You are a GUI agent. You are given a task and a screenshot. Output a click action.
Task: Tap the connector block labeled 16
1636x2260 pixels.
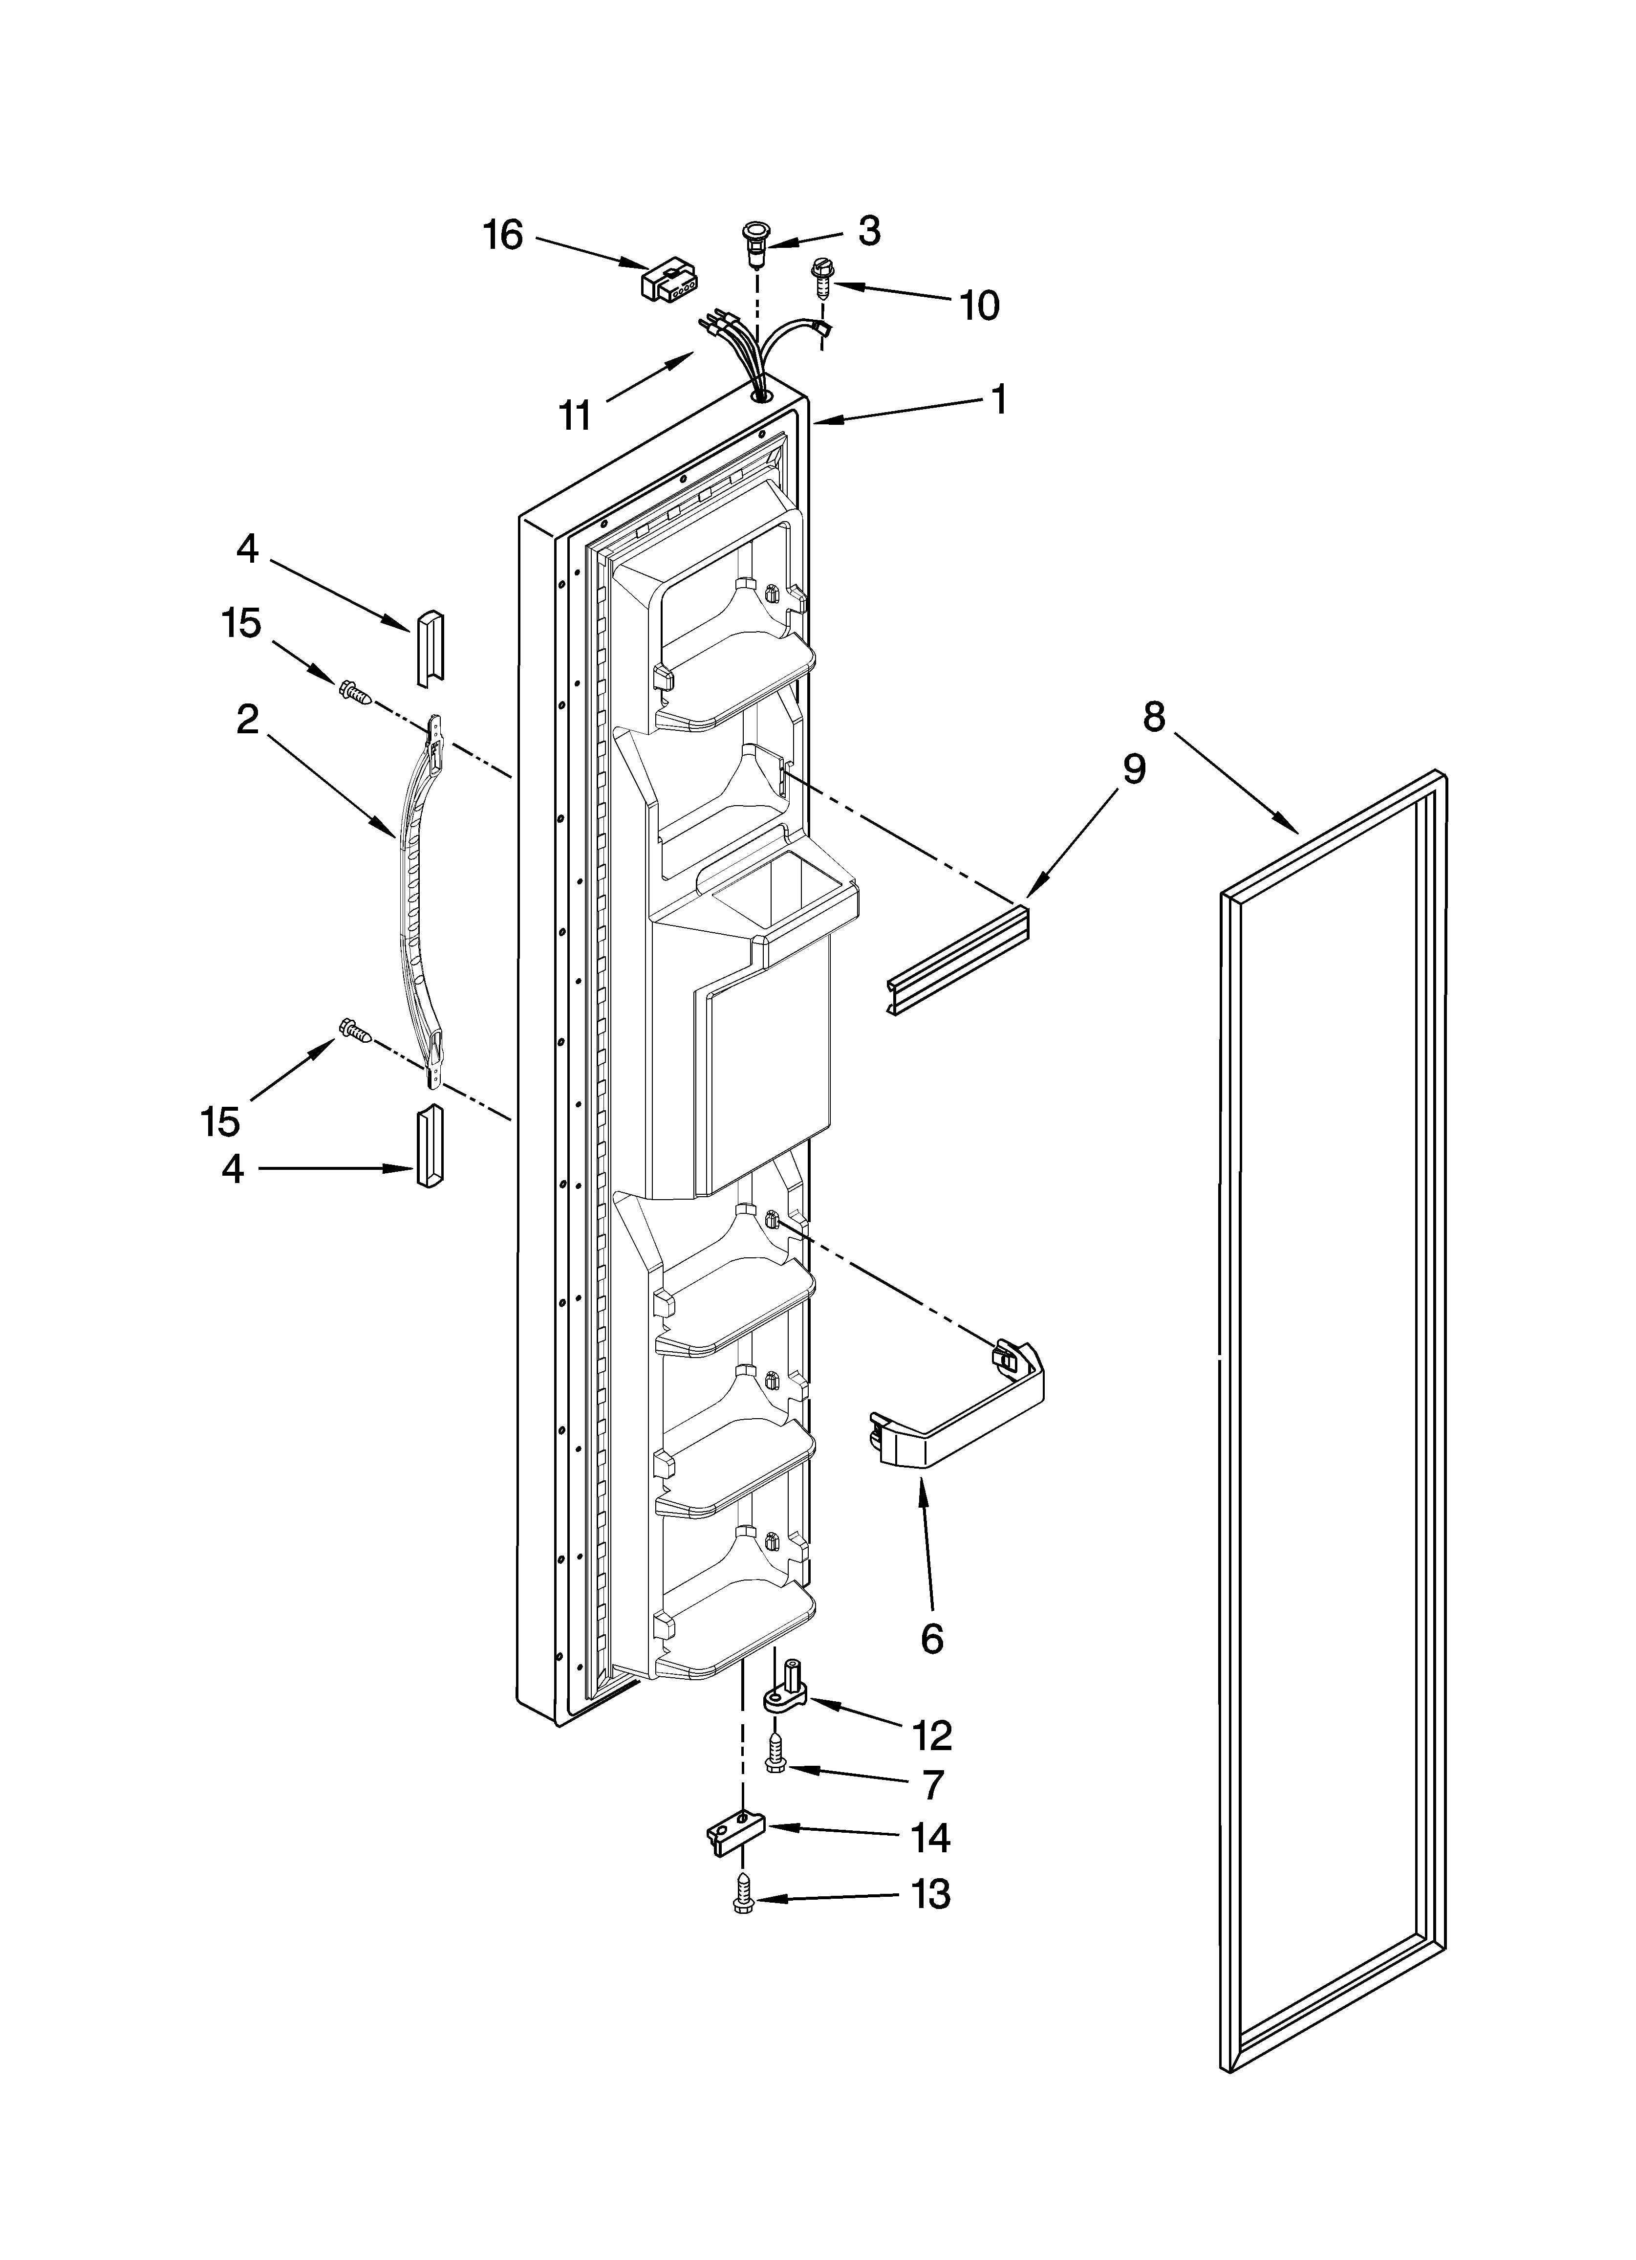(667, 282)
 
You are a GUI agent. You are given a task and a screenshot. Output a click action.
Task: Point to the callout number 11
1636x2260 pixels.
(575, 415)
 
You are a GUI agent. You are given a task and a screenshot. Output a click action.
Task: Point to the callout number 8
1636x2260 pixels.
(1153, 717)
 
